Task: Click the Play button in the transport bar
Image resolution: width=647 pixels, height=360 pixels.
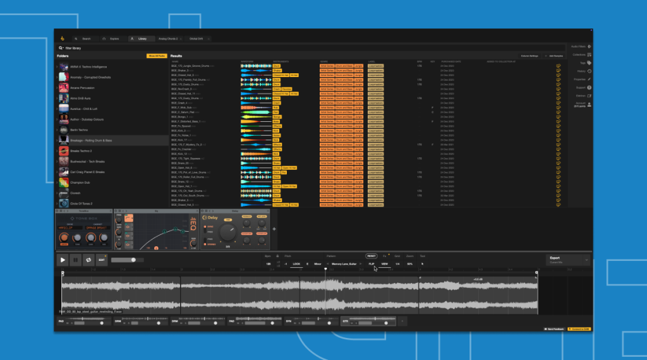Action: click(63, 260)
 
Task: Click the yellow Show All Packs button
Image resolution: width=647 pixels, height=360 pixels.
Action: click(156, 56)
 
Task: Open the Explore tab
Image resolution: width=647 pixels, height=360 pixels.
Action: click(112, 39)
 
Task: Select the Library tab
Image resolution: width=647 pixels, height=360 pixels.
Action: click(140, 39)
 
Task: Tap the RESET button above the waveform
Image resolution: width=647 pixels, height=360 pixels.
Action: click(371, 256)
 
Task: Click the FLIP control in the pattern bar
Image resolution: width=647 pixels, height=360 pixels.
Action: click(371, 263)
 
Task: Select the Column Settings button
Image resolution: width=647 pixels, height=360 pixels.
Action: click(529, 56)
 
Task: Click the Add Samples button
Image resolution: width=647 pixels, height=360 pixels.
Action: click(555, 56)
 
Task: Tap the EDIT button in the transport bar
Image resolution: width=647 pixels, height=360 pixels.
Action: click(102, 260)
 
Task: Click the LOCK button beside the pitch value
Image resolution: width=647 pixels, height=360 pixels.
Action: click(296, 263)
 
